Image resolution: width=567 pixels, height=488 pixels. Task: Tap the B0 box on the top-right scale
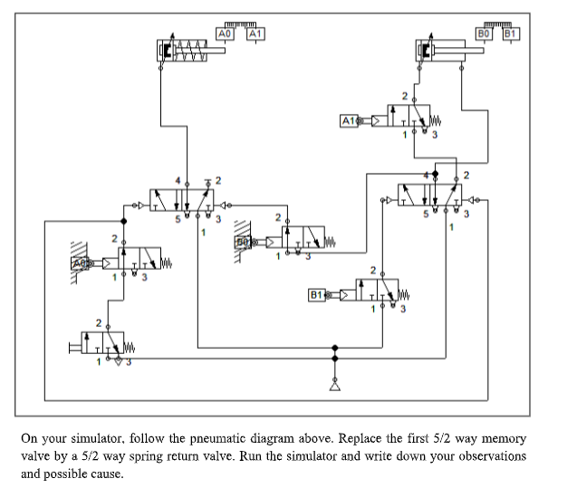[x=484, y=33]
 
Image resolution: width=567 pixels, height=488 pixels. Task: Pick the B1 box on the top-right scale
[x=511, y=33]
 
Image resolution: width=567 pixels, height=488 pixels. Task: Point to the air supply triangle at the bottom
[x=335, y=384]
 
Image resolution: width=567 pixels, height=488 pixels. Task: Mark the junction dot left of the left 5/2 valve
[x=123, y=220]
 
